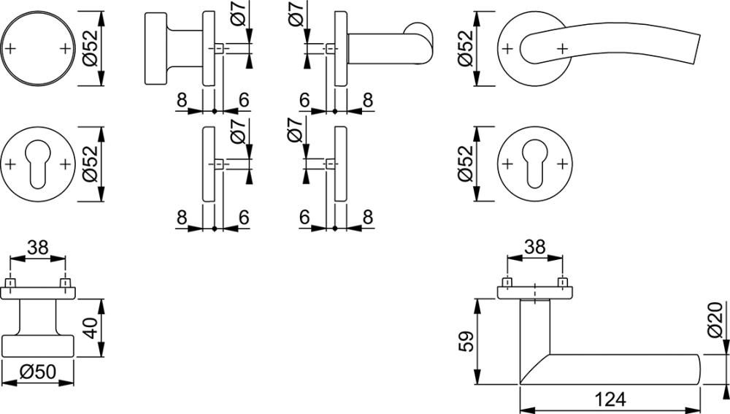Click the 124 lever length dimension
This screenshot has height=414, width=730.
pyautogui.click(x=610, y=399)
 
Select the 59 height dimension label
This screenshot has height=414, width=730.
pyautogui.click(x=466, y=341)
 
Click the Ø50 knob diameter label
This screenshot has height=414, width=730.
pyautogui.click(x=38, y=372)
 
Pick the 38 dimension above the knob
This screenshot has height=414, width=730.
pyautogui.click(x=38, y=248)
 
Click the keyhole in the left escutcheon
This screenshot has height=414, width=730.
pyautogui.click(x=38, y=165)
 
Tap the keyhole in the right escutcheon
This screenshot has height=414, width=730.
pyautogui.click(x=535, y=164)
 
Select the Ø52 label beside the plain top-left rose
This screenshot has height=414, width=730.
pyautogui.click(x=90, y=48)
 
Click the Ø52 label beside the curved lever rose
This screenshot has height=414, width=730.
pyautogui.click(x=466, y=48)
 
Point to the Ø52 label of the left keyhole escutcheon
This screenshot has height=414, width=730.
pyautogui.click(x=90, y=164)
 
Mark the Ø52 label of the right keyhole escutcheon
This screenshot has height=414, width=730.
pyautogui.click(x=466, y=164)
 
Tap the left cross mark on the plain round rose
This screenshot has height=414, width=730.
pyautogui.click(x=10, y=48)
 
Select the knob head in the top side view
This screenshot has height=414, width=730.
pyautogui.click(x=155, y=48)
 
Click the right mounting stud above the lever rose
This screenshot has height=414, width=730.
pyautogui.click(x=563, y=283)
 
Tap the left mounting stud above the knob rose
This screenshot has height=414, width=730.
pyautogui.click(x=11, y=283)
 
